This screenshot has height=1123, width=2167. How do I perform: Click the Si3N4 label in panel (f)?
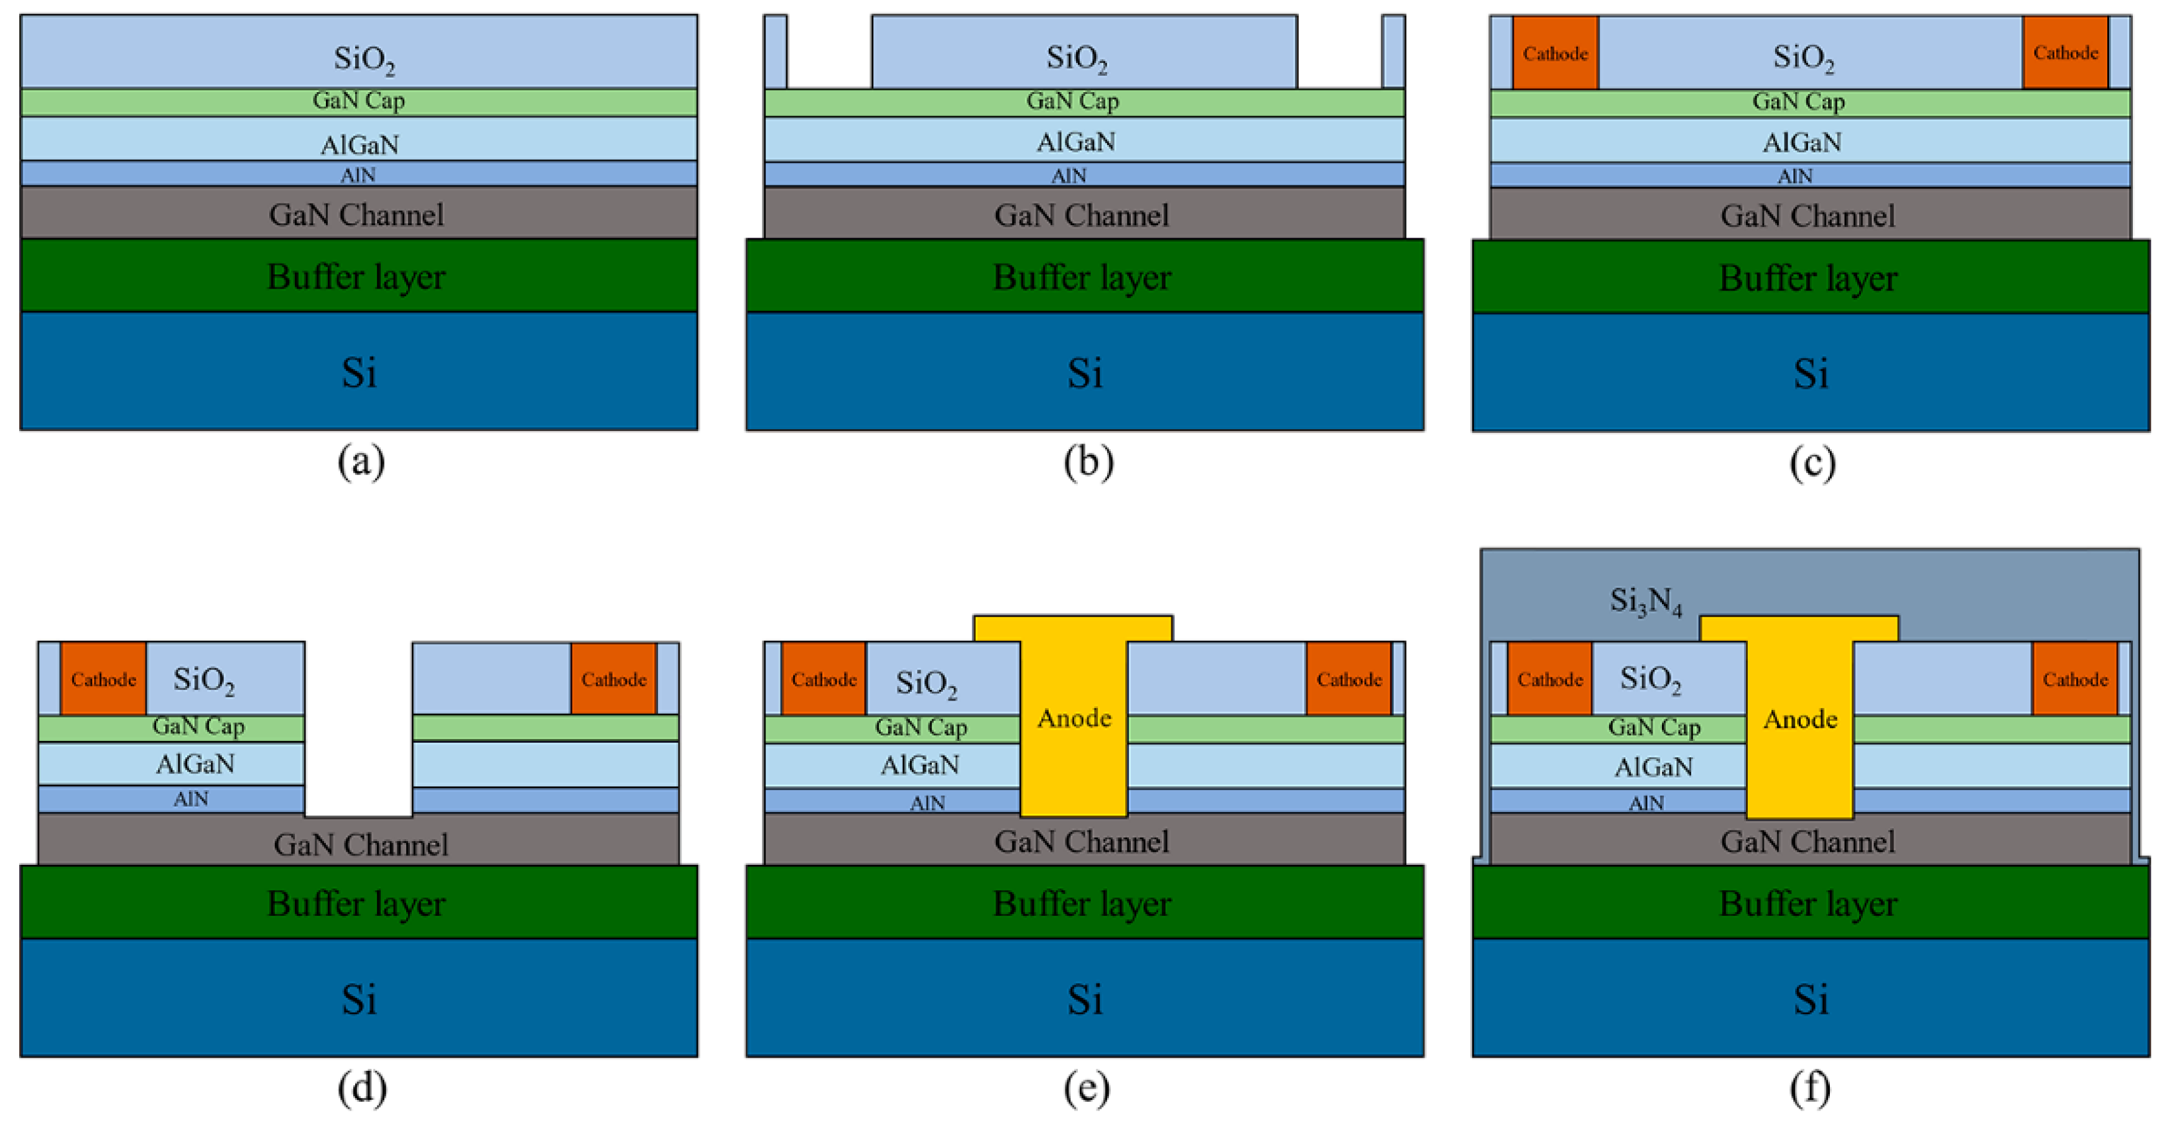[x=1645, y=600]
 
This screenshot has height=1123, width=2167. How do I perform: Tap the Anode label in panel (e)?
[x=1074, y=719]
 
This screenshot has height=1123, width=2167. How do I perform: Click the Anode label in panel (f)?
[x=1800, y=719]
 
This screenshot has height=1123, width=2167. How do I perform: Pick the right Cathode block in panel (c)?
[x=2065, y=53]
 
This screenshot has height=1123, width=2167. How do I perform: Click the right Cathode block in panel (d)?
[x=613, y=679]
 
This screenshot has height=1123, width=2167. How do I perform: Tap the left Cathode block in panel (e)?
[x=824, y=679]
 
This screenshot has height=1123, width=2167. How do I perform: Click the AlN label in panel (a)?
[x=358, y=175]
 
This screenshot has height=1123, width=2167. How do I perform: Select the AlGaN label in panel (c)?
[x=1802, y=141]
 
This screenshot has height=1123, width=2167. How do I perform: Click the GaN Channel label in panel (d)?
[x=360, y=844]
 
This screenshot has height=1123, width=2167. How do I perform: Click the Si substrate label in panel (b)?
[x=1084, y=373]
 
